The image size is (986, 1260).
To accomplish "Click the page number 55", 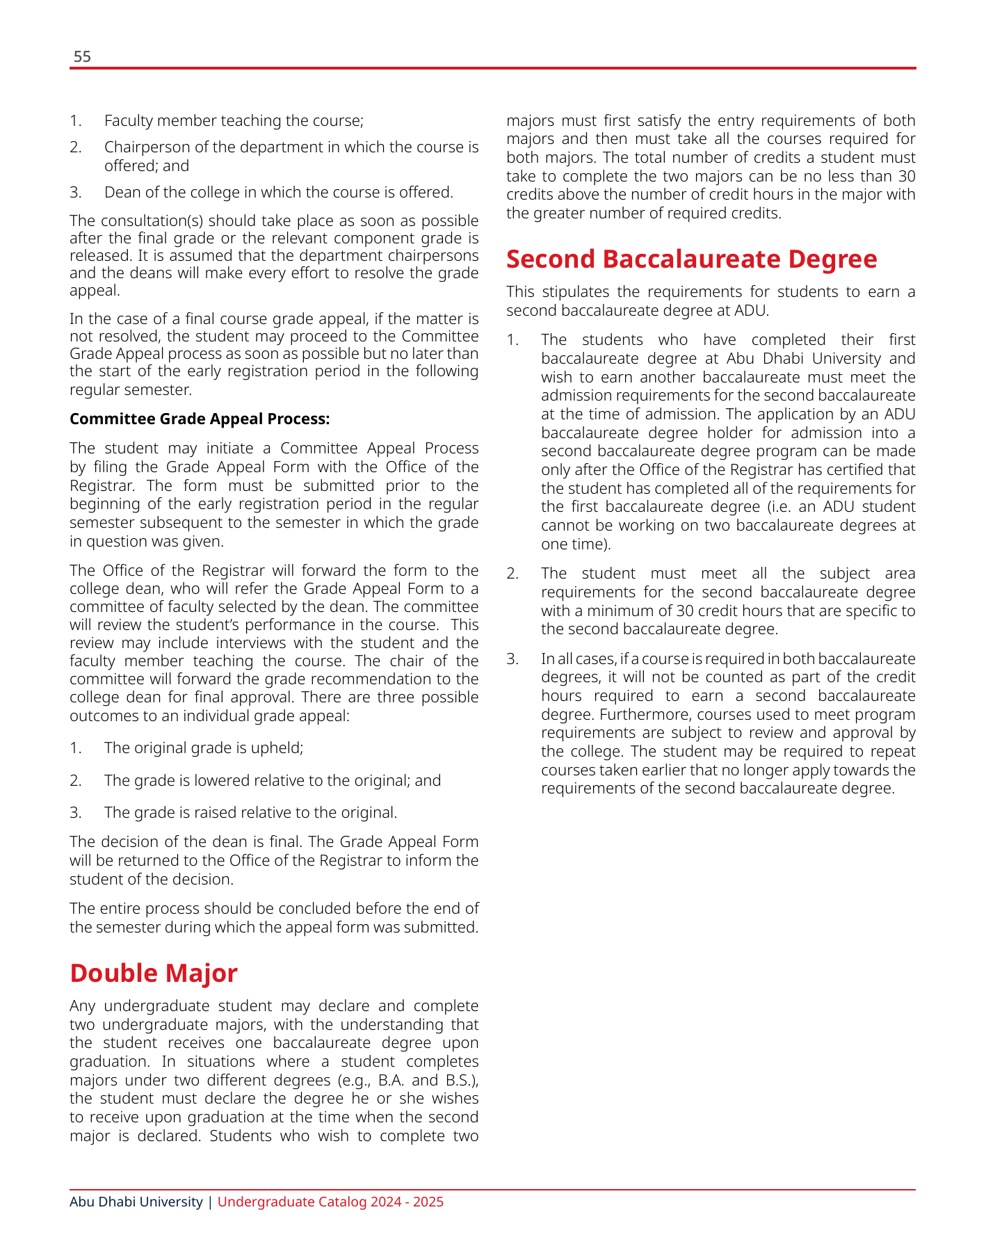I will (82, 57).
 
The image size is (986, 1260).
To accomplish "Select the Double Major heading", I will (154, 973).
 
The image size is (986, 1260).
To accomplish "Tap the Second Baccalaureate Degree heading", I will (691, 259).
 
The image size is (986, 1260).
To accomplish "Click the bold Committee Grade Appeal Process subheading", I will (200, 419).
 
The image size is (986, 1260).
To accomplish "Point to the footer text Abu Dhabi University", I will (136, 1202).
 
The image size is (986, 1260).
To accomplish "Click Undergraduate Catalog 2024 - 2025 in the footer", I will (330, 1202).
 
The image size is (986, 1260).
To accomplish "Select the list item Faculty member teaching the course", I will (234, 120).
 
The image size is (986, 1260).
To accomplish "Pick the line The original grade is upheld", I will (204, 748).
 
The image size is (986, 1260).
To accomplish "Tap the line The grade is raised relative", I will (250, 812).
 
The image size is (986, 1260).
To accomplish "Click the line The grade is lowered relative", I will (273, 780).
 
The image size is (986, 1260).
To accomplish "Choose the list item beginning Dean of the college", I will (278, 192).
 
